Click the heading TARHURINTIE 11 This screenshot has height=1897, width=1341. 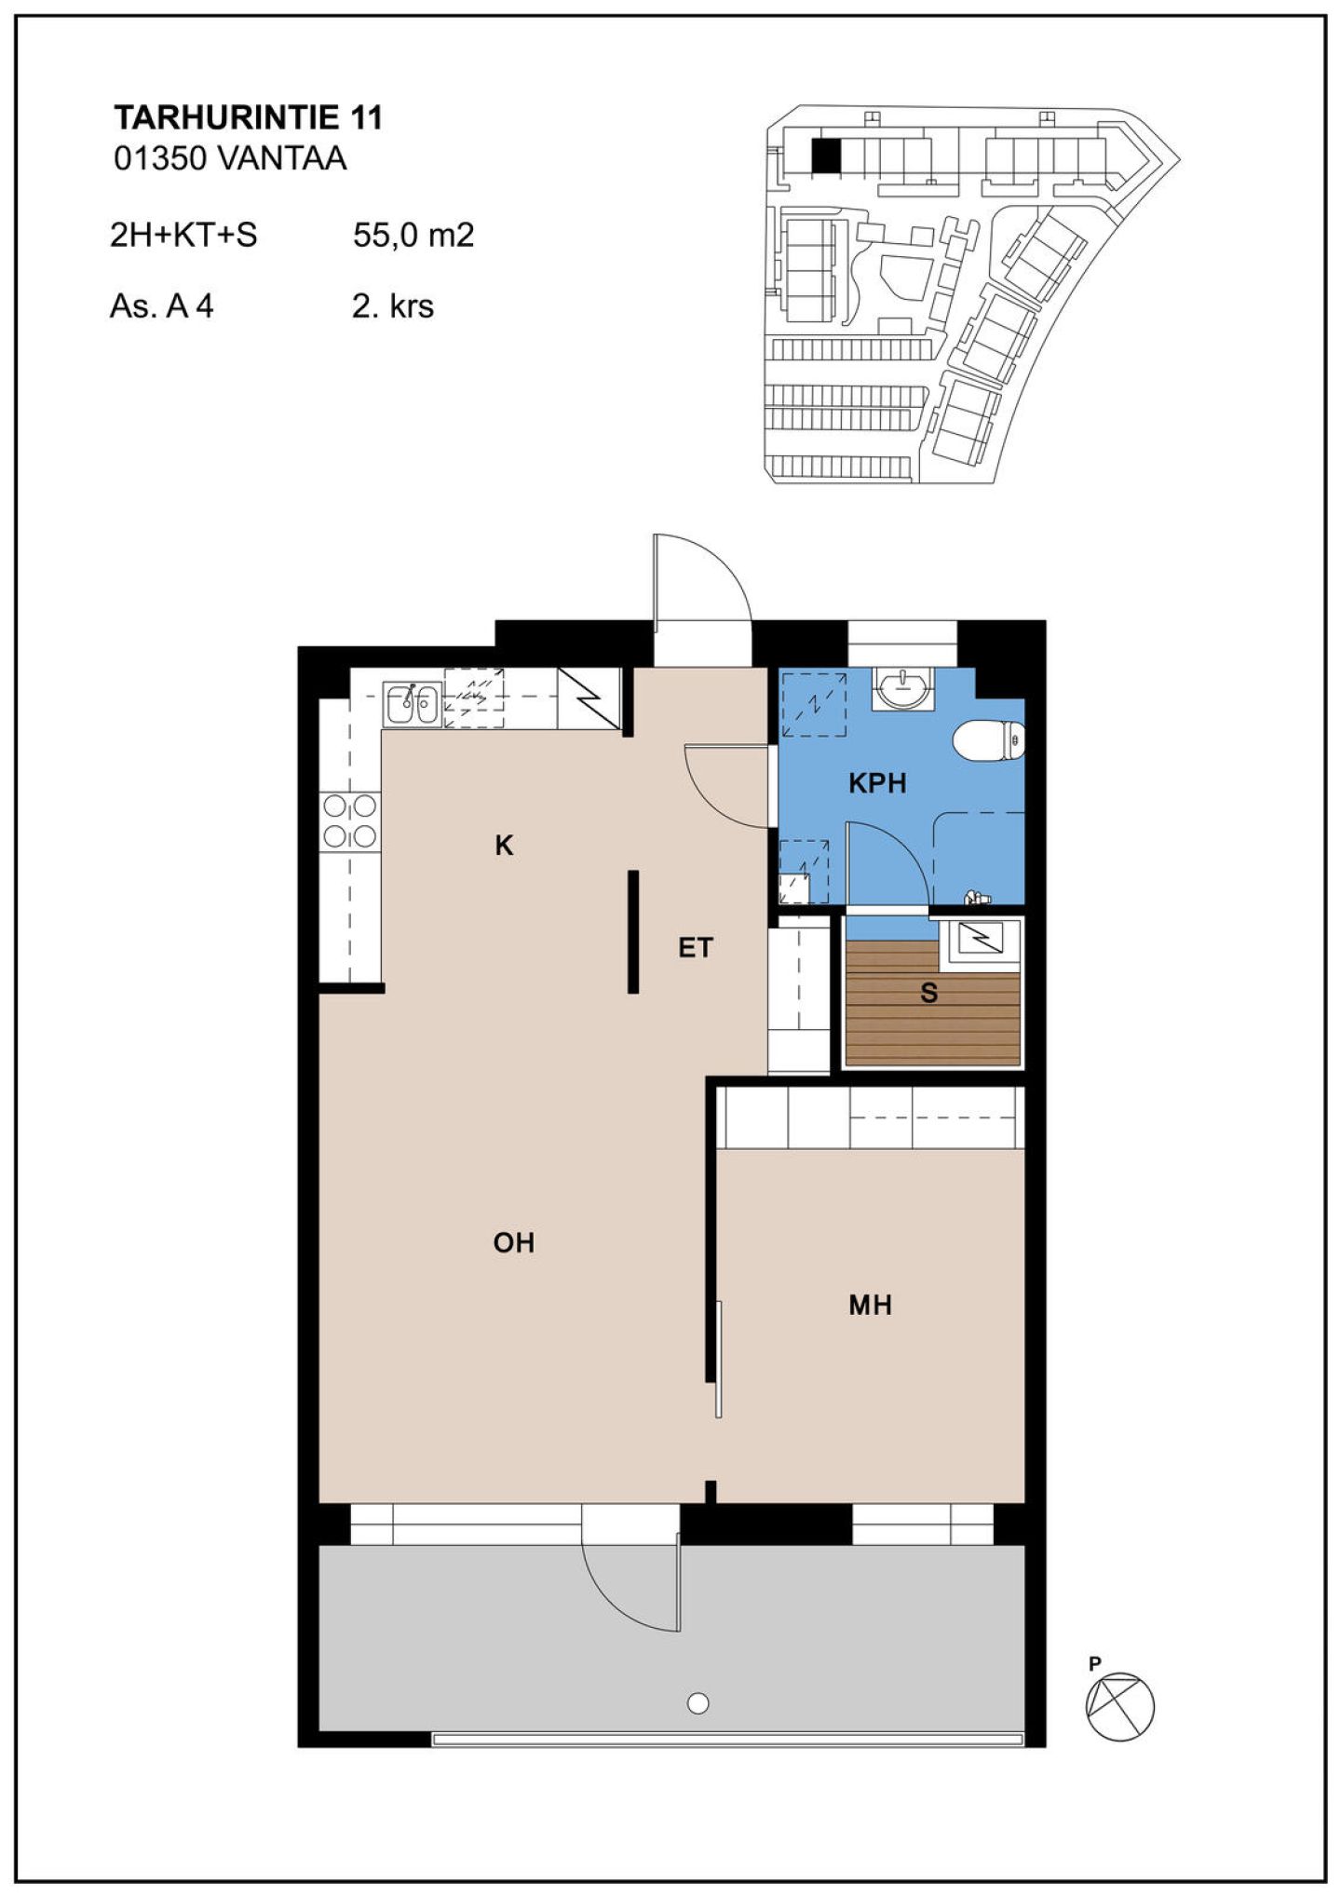click(248, 117)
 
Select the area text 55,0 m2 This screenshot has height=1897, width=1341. click(413, 235)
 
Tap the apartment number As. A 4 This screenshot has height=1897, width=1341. click(162, 305)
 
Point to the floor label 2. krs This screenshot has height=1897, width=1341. click(393, 305)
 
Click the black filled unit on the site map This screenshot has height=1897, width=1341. click(825, 156)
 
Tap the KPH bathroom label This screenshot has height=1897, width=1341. click(877, 783)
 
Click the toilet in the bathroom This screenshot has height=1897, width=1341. click(989, 741)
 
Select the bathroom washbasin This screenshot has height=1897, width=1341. click(903, 689)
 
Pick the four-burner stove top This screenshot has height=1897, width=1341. click(350, 821)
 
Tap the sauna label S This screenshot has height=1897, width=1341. click(928, 994)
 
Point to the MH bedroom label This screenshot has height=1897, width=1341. click(870, 1305)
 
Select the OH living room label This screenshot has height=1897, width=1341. click(513, 1242)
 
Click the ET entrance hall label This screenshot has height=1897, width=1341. click(695, 948)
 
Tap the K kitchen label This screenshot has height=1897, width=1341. click(504, 846)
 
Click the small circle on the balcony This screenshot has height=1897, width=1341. click(698, 1703)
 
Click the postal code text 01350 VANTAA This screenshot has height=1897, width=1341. click(230, 159)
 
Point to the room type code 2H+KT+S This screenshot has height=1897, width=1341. click(183, 235)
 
